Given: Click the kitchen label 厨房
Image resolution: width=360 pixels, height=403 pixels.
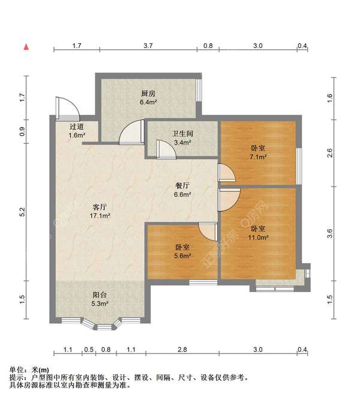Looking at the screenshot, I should [x=148, y=94].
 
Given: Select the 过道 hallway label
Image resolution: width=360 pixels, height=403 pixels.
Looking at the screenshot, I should [x=76, y=127].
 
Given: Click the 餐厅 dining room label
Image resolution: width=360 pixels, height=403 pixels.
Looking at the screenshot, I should [x=182, y=185].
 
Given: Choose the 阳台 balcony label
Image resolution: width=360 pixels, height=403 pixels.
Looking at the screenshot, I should [x=100, y=294].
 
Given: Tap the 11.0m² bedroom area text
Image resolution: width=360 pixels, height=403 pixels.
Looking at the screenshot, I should [x=259, y=237].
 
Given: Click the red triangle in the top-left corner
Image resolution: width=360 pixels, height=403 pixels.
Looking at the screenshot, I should [x=26, y=46].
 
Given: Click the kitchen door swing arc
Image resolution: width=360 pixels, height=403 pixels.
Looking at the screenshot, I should [x=131, y=133].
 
